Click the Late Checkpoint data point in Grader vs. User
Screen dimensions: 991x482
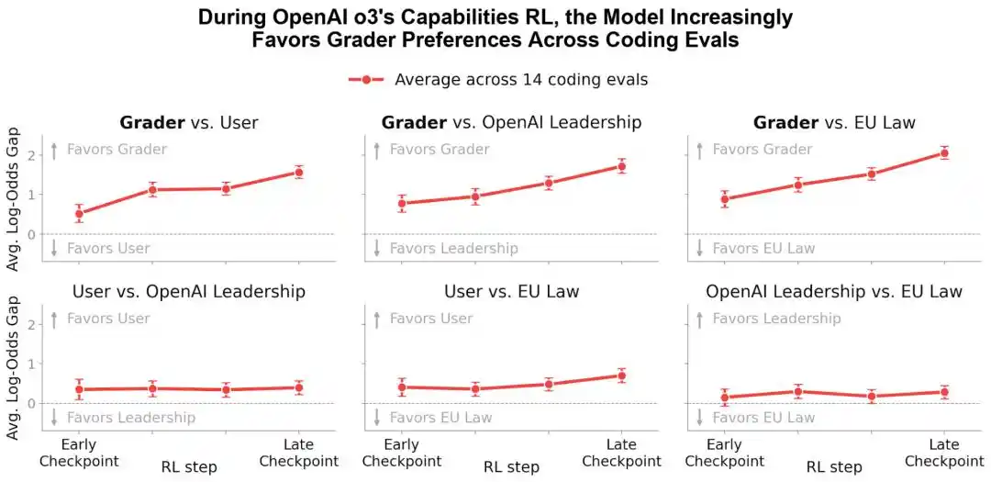click(299, 172)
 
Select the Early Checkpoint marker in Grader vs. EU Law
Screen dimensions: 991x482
click(725, 199)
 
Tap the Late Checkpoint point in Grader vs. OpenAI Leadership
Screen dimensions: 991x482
click(622, 166)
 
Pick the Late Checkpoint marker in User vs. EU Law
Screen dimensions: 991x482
click(622, 376)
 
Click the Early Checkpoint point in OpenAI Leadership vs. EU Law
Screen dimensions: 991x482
click(725, 398)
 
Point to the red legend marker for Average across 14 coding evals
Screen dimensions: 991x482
click(366, 80)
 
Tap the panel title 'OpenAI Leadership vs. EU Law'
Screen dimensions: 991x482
click(834, 292)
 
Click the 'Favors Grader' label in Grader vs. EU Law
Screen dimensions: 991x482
click(763, 150)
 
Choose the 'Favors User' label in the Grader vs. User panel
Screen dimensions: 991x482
click(108, 249)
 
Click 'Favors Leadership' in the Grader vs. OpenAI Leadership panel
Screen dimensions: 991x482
click(454, 249)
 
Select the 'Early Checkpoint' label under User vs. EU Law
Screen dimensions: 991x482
click(402, 453)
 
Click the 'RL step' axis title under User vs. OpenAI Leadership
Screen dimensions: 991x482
click(188, 466)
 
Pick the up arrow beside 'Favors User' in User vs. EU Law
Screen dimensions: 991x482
click(377, 319)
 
